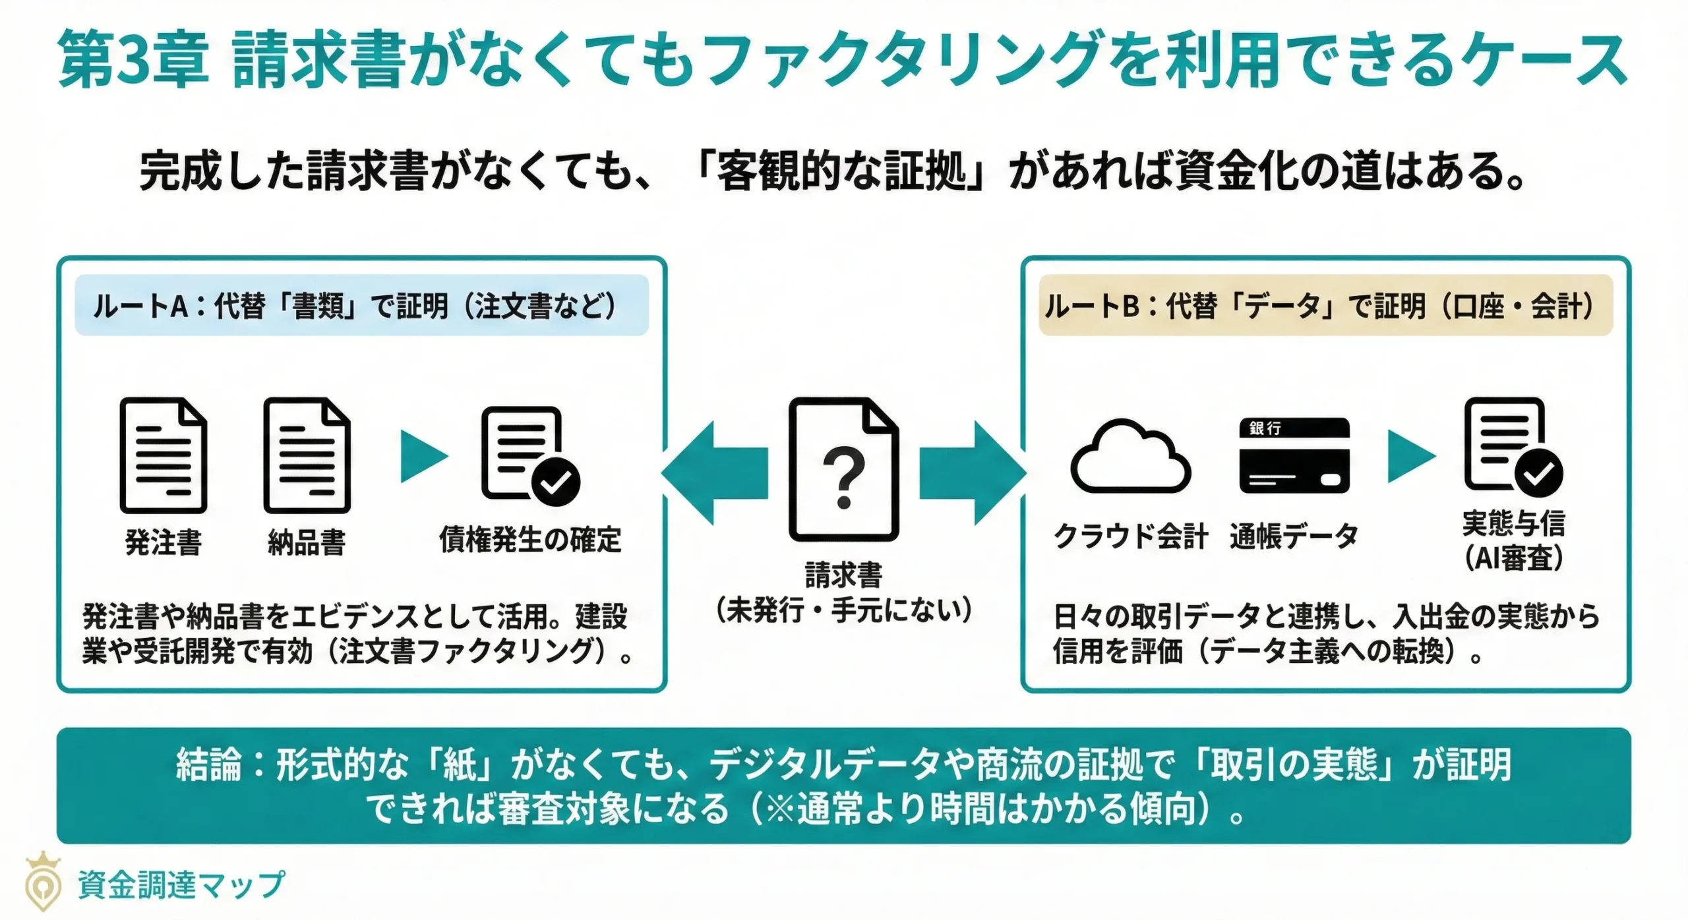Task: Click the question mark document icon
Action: point(843,469)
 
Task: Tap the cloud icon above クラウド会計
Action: point(1130,458)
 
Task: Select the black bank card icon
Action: point(1294,456)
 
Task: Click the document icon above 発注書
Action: point(163,455)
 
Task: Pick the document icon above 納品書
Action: point(307,455)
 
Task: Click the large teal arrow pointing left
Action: point(715,473)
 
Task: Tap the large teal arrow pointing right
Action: point(973,473)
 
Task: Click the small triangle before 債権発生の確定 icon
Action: point(422,456)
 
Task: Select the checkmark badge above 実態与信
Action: point(1538,473)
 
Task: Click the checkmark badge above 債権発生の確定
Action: point(555,482)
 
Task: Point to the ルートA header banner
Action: point(361,306)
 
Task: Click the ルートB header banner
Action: point(1325,306)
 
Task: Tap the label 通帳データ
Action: point(1293,536)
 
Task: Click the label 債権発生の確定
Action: point(530,540)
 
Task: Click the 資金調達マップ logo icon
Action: point(43,882)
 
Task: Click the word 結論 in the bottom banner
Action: point(208,765)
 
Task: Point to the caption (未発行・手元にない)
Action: point(843,610)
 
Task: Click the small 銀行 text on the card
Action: point(1265,428)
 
